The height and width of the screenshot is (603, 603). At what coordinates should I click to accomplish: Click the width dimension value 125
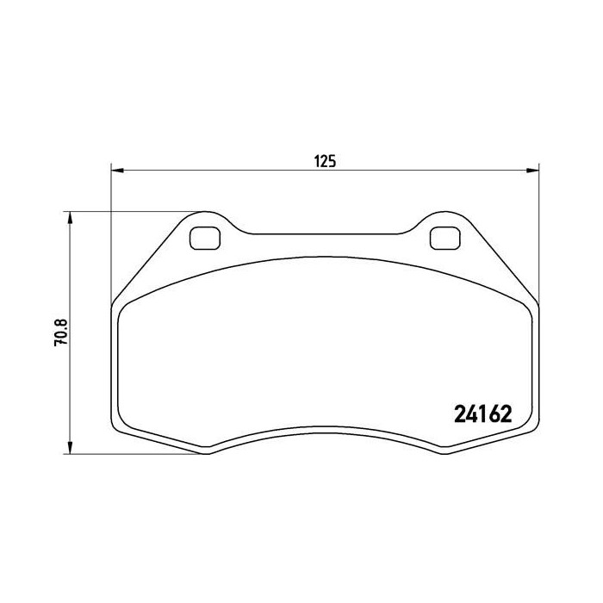coord(326,162)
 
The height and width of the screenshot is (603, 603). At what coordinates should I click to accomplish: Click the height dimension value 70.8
coord(61,333)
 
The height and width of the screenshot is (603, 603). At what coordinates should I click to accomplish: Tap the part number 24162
coord(483,414)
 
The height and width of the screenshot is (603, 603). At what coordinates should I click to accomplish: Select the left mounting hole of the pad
coord(205,238)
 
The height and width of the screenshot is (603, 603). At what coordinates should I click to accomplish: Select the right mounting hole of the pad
coord(445,238)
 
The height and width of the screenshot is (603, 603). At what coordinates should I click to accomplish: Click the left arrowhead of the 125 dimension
coord(117,171)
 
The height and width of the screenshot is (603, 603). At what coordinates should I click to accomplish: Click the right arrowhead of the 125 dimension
coord(532,171)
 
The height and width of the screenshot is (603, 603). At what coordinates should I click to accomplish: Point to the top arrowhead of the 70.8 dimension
coord(70,218)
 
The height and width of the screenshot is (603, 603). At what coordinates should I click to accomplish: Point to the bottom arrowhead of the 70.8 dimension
coord(70,447)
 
